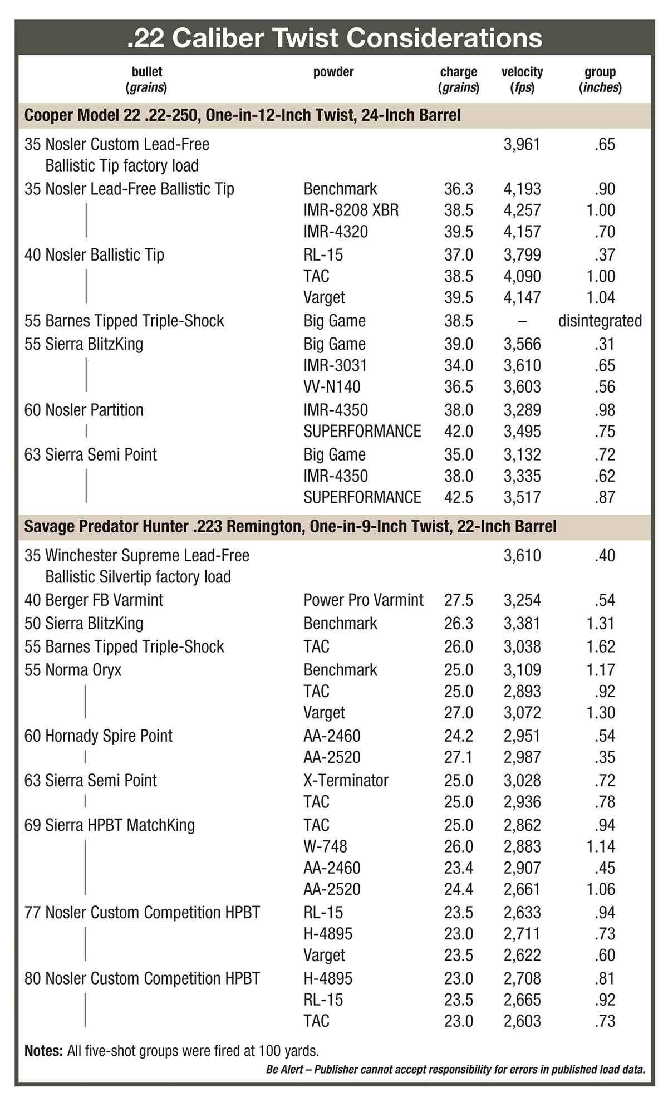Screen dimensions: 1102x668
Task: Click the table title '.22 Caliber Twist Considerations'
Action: (x=334, y=38)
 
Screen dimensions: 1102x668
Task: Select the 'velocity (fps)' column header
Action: (x=522, y=79)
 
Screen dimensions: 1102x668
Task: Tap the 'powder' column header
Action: (x=333, y=72)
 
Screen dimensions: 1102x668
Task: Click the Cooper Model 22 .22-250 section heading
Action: (x=242, y=115)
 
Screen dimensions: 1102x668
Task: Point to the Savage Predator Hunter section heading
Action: (x=290, y=526)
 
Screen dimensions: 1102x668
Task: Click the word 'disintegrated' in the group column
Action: (x=600, y=321)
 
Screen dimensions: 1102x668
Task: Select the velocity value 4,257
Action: (x=522, y=210)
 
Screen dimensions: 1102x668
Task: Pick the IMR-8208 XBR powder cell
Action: (x=351, y=210)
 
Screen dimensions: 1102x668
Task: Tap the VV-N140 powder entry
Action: (x=332, y=386)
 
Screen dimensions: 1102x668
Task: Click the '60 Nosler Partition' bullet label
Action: (x=84, y=410)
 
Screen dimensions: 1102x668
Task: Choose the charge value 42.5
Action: (x=458, y=497)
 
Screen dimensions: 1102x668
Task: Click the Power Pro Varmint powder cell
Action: (x=363, y=600)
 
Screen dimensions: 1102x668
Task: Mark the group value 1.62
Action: (x=600, y=646)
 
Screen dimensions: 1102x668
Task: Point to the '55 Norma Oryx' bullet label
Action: (x=73, y=670)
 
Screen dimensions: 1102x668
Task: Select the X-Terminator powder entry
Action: (x=346, y=780)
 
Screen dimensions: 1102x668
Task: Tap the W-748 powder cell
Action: (x=325, y=846)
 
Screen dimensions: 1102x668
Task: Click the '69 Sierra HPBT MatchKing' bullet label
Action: (x=110, y=825)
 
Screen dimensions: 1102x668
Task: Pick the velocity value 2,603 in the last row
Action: (x=522, y=1021)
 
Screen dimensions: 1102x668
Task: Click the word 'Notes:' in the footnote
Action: (x=43, y=1051)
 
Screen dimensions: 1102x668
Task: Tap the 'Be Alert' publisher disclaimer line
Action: (x=455, y=1069)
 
